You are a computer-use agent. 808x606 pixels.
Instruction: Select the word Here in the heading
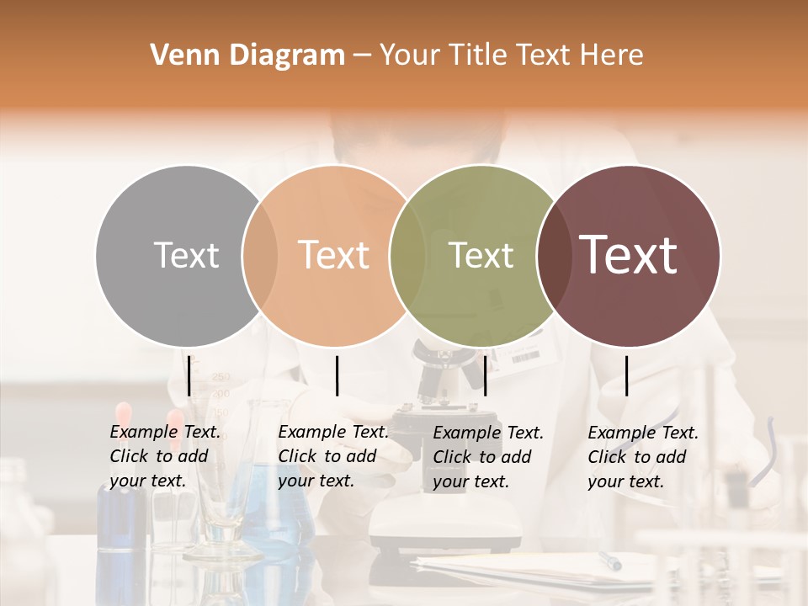[x=614, y=56]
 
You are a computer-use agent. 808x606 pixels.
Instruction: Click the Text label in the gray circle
[x=186, y=255]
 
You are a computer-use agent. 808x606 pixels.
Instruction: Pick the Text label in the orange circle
[x=333, y=255]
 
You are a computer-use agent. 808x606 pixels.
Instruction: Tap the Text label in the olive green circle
[x=481, y=255]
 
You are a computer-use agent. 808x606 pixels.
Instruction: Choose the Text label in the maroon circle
[x=629, y=255]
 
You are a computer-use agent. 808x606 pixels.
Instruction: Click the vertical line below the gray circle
[x=189, y=375]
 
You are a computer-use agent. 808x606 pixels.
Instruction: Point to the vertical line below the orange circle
[x=337, y=375]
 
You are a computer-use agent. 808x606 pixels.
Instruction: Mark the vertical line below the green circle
[x=485, y=375]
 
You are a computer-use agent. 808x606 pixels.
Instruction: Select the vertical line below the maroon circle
[x=627, y=375]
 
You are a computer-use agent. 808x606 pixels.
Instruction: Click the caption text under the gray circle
[x=165, y=457]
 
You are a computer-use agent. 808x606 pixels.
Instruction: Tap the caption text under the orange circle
[x=333, y=457]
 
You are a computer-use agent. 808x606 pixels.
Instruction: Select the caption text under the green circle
[x=488, y=457]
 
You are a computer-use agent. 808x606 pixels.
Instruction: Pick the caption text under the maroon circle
[x=643, y=457]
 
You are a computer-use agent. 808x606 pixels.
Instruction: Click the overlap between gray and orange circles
[x=260, y=255]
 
